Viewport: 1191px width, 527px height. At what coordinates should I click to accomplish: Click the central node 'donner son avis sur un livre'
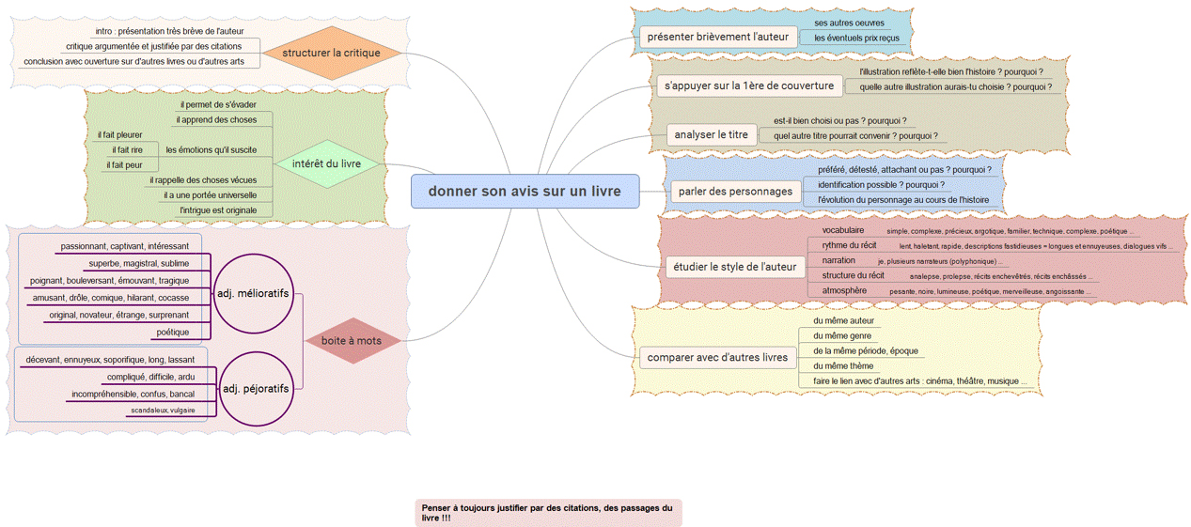pyautogui.click(x=525, y=192)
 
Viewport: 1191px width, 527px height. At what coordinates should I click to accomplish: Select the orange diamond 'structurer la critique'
pyautogui.click(x=331, y=53)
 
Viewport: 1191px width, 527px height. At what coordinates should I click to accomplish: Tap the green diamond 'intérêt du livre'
pyautogui.click(x=326, y=164)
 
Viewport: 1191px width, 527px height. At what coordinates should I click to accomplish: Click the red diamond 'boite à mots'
pyautogui.click(x=352, y=341)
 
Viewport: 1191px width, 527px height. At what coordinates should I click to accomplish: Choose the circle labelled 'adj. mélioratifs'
pyautogui.click(x=253, y=294)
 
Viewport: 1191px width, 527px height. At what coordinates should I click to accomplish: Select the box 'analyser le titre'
pyautogui.click(x=711, y=134)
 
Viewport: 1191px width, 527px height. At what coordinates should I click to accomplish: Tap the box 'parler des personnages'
pyautogui.click(x=735, y=192)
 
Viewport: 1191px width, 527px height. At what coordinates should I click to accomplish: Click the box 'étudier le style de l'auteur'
pyautogui.click(x=735, y=267)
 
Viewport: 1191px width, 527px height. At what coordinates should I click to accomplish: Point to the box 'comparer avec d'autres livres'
pyautogui.click(x=716, y=358)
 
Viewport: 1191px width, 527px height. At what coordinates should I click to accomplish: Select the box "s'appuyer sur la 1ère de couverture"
pyautogui.click(x=749, y=86)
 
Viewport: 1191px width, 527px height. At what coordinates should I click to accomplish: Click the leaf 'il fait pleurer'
pyautogui.click(x=120, y=135)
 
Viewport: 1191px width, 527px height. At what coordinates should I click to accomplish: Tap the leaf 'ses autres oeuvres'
pyautogui.click(x=849, y=23)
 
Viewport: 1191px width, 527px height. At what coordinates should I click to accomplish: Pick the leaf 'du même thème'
pyautogui.click(x=843, y=365)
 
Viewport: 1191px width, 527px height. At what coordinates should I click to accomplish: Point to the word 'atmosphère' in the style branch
pyautogui.click(x=844, y=290)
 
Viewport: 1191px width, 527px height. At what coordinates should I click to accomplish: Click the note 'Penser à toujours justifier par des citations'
pyautogui.click(x=548, y=512)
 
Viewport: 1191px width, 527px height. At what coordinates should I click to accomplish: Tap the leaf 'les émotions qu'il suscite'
pyautogui.click(x=212, y=149)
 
